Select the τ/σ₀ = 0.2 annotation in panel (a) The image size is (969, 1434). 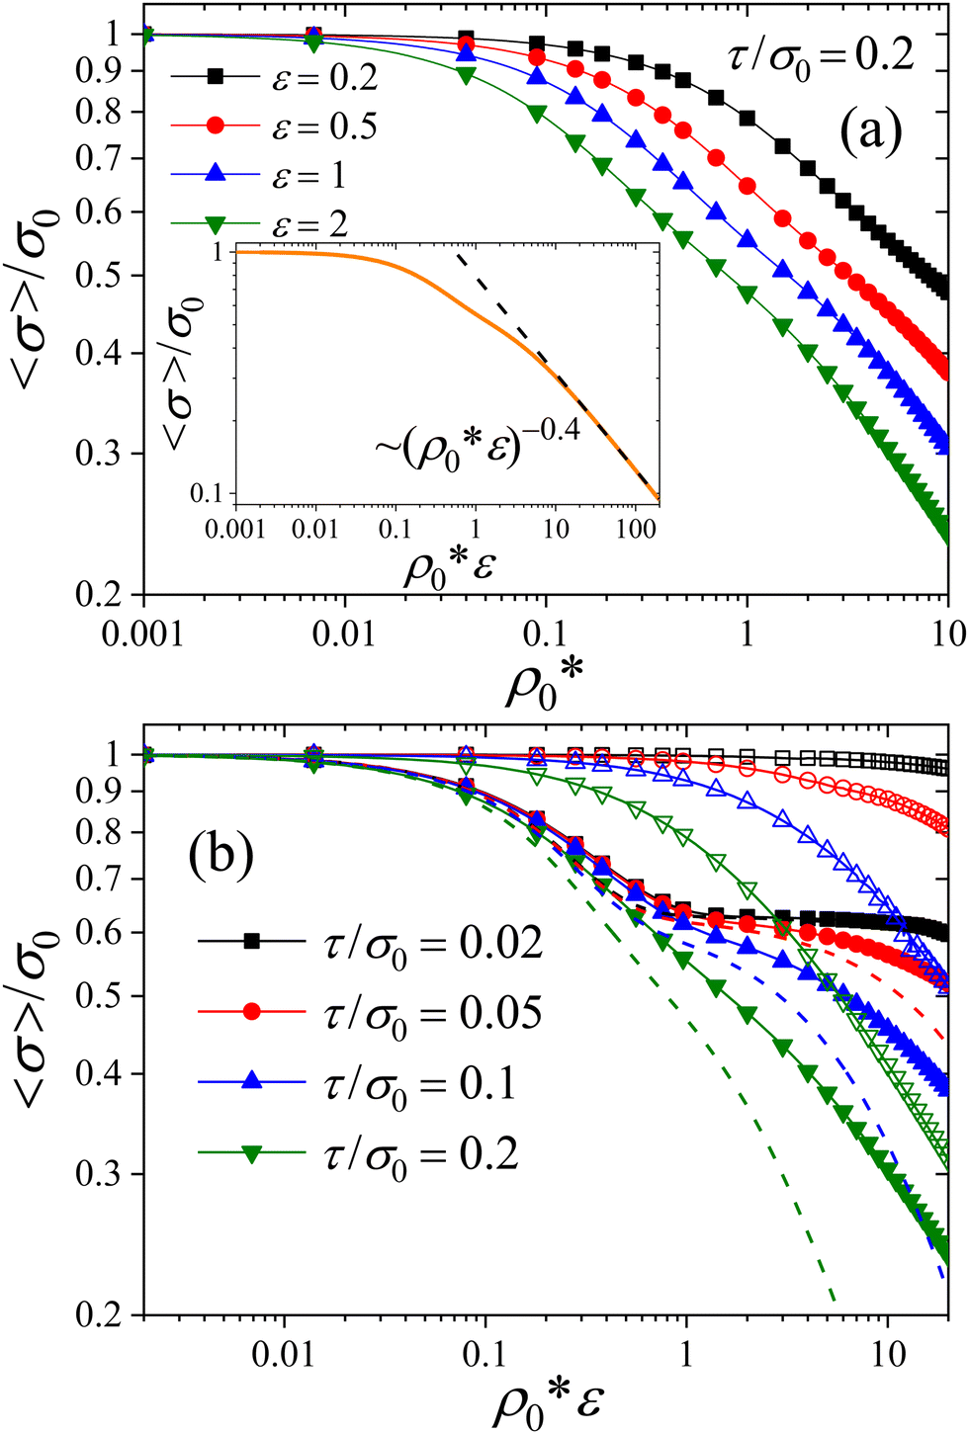(821, 55)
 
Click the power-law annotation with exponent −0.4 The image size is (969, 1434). (478, 444)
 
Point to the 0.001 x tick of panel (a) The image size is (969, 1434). (143, 633)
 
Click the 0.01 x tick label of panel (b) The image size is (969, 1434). (285, 1353)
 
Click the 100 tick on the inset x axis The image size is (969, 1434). (635, 528)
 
